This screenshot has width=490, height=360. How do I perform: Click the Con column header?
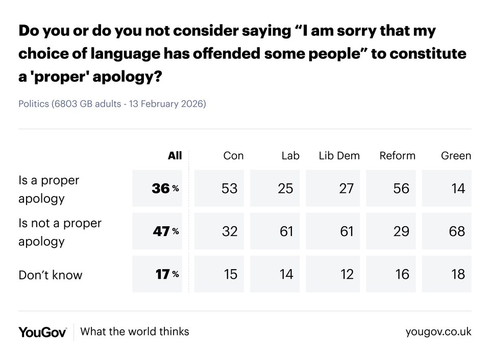click(x=233, y=156)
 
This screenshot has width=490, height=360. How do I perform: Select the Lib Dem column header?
click(x=339, y=156)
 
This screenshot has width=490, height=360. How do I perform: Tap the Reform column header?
click(x=397, y=156)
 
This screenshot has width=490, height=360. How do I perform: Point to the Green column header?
click(x=456, y=156)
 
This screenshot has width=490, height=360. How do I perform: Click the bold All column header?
click(x=175, y=156)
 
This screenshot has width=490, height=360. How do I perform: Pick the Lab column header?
click(x=290, y=156)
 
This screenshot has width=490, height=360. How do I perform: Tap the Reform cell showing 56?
click(x=401, y=189)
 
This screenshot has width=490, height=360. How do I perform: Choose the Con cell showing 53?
click(x=229, y=189)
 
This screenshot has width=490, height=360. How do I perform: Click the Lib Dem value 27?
click(x=346, y=189)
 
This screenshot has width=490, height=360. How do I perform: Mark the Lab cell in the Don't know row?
click(x=286, y=274)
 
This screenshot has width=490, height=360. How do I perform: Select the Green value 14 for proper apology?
click(x=458, y=189)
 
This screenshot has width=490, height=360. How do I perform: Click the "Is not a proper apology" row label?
click(x=60, y=232)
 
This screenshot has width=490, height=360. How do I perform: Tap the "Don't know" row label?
click(x=50, y=275)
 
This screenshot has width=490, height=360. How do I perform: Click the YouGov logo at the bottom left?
click(x=42, y=332)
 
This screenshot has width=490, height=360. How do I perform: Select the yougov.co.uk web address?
click(x=438, y=332)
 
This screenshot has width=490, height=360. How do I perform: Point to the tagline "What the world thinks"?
click(x=135, y=331)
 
